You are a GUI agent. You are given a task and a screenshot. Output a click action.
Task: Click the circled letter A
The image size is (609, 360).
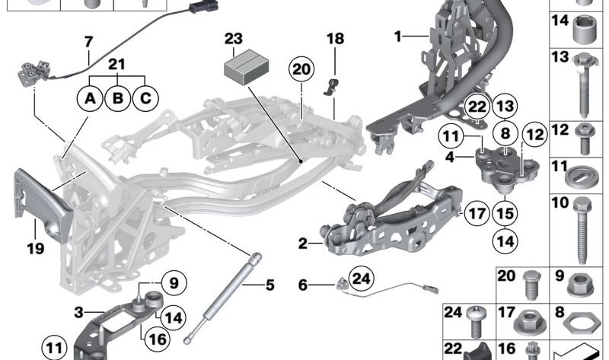[x=91, y=98]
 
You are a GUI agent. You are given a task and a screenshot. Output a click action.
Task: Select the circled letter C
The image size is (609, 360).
[x=145, y=98]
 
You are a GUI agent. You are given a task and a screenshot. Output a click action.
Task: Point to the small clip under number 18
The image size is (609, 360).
[x=332, y=86]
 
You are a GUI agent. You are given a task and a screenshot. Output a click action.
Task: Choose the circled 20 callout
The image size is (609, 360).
[x=302, y=70]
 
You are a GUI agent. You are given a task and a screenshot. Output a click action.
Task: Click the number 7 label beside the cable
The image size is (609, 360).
[x=88, y=42]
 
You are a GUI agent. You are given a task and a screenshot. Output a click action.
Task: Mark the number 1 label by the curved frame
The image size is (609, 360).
[x=397, y=36]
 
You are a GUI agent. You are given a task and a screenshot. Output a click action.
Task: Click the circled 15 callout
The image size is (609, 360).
[x=504, y=213]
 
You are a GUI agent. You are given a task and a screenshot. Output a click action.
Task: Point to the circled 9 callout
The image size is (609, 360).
[x=173, y=283]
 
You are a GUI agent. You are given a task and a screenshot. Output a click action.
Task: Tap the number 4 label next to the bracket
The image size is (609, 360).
[x=449, y=158]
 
